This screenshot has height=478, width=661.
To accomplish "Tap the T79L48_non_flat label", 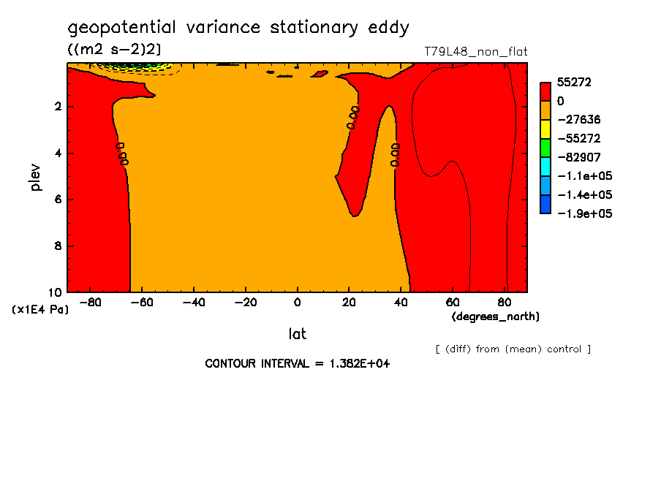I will click(475, 52).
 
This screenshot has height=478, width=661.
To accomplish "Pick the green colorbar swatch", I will click(545, 148).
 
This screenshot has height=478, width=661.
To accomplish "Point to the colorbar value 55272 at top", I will click(573, 83).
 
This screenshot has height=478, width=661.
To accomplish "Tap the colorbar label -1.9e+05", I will click(584, 213).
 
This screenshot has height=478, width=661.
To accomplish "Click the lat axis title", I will click(297, 334).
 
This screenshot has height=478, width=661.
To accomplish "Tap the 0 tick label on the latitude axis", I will click(297, 302).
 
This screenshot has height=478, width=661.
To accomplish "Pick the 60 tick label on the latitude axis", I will click(453, 302).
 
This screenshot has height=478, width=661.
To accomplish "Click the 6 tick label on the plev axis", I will click(58, 200).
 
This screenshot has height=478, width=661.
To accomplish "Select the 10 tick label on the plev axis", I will click(56, 292).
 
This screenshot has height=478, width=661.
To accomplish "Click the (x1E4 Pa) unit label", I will click(41, 310).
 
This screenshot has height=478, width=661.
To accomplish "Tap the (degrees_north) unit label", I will click(496, 316).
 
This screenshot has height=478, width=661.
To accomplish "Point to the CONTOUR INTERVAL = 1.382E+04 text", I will click(297, 363).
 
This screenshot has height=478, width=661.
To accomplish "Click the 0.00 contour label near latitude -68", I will click(122, 153).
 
